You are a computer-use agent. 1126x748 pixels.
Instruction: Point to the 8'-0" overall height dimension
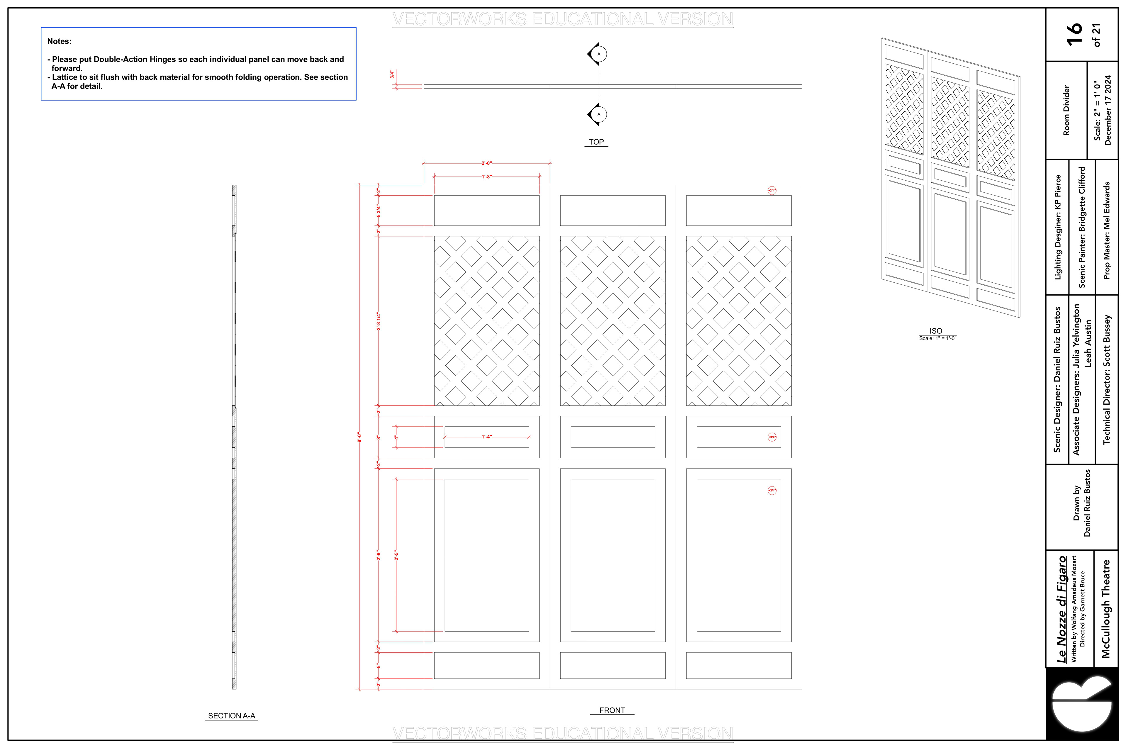(x=359, y=437)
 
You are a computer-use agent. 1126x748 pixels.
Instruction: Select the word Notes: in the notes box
(x=59, y=42)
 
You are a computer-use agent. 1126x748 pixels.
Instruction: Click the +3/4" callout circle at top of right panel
(x=772, y=190)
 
